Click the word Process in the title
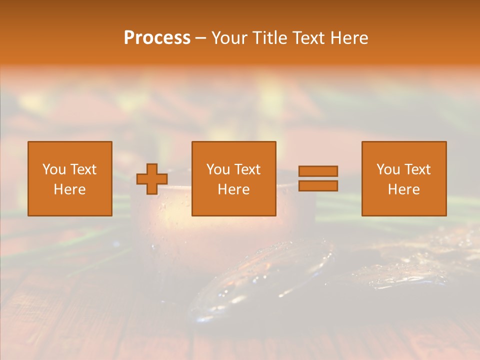pos(157,38)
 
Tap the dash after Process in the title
pos(200,38)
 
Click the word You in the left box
pos(54,169)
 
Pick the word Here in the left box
pos(69,189)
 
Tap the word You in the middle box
pos(218,169)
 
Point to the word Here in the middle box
pos(233,189)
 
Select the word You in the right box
pos(388,169)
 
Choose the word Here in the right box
pos(403,189)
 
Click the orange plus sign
pos(152,179)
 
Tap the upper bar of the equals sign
pos(318,171)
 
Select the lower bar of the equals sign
pos(318,186)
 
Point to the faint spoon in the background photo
pos(260,280)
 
